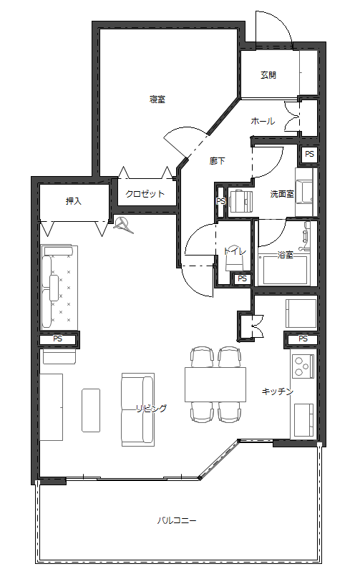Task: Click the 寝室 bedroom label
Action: [157, 99]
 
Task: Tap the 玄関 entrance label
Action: [268, 74]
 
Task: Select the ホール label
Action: [262, 121]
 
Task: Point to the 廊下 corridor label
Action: [218, 161]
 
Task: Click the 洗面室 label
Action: [281, 194]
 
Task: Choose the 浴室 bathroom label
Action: [285, 255]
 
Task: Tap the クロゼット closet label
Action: [145, 194]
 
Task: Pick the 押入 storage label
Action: [74, 201]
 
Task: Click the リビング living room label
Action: [152, 408]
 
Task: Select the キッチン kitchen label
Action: [277, 391]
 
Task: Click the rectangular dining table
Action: [215, 384]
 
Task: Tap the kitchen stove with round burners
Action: [303, 366]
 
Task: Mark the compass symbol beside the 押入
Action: [124, 225]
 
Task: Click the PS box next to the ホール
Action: [309, 154]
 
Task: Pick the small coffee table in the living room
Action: [91, 409]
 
